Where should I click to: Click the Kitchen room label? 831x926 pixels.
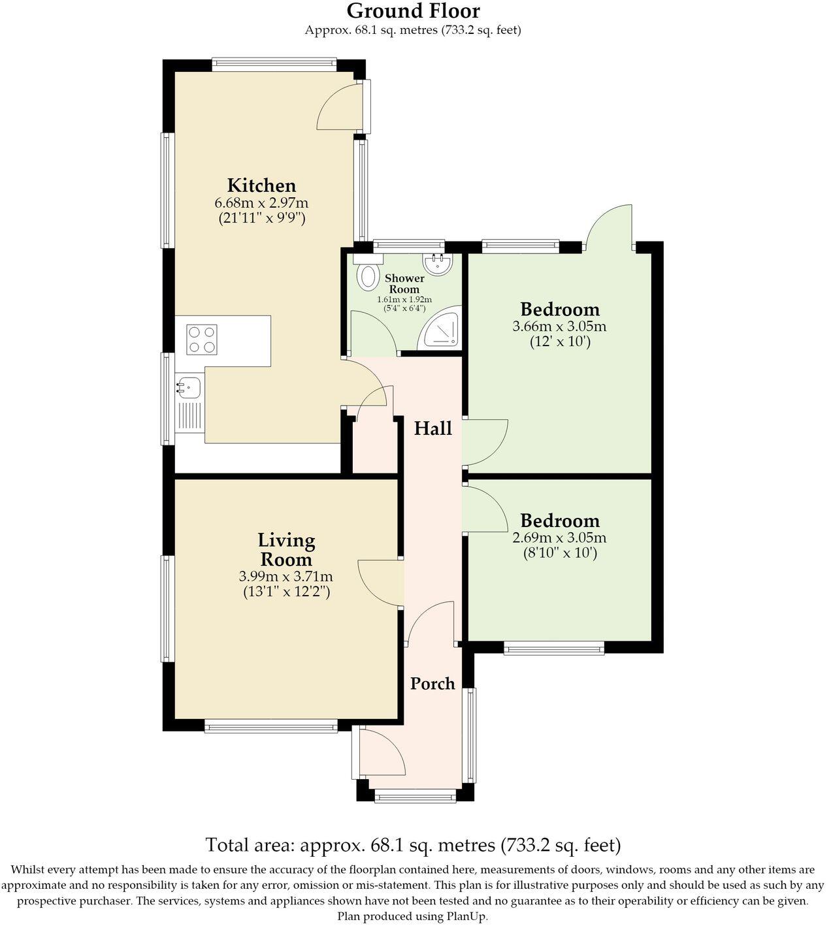261,185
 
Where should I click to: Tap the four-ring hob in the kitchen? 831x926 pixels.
202,340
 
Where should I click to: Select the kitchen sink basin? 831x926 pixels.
188,387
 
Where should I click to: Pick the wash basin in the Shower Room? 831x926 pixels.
438,264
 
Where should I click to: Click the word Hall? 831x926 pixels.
432,428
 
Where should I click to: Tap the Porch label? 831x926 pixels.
432,683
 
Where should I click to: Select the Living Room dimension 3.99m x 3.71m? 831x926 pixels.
286,576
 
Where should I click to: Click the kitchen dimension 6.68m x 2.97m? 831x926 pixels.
261,202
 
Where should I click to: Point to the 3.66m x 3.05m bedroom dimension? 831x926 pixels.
559,327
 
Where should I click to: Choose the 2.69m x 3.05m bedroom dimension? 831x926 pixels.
559,537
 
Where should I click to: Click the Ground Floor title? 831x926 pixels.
413,10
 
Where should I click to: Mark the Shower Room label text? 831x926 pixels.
404,283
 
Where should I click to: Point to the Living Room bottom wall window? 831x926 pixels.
270,727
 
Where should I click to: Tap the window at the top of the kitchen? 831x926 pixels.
274,65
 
